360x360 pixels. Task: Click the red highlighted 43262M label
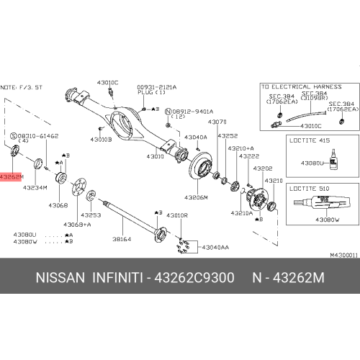(12, 176)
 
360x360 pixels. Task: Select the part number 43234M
(36, 188)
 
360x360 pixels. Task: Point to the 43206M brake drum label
(195, 197)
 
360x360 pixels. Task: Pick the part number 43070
(217, 122)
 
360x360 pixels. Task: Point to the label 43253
(90, 215)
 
